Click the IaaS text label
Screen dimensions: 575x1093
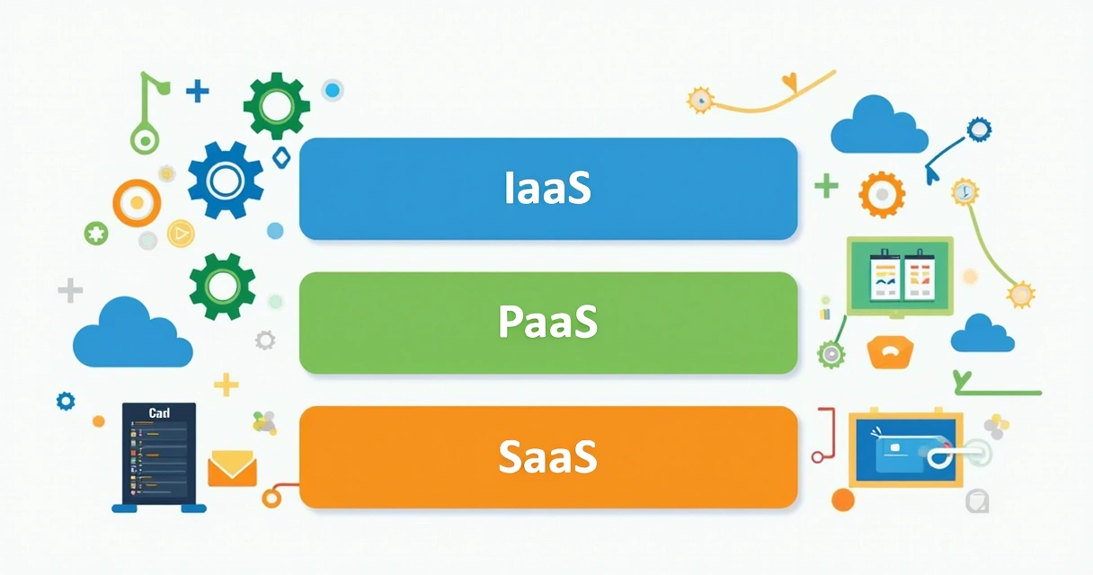pyautogui.click(x=547, y=188)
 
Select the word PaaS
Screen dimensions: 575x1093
pyautogui.click(x=547, y=323)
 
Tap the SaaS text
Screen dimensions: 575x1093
pyautogui.click(x=547, y=456)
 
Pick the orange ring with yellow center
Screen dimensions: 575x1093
pyautogui.click(x=137, y=203)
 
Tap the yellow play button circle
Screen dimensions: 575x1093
pyautogui.click(x=181, y=234)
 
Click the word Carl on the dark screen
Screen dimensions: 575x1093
pyautogui.click(x=159, y=413)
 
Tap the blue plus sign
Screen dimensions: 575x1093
pyautogui.click(x=197, y=90)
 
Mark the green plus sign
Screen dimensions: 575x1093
pyautogui.click(x=825, y=186)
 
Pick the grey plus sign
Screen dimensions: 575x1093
pyautogui.click(x=70, y=290)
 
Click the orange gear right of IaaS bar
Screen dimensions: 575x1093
pyautogui.click(x=881, y=194)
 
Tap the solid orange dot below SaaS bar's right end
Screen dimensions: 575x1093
pyautogui.click(x=842, y=500)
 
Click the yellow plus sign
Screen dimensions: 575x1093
pyautogui.click(x=227, y=385)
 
